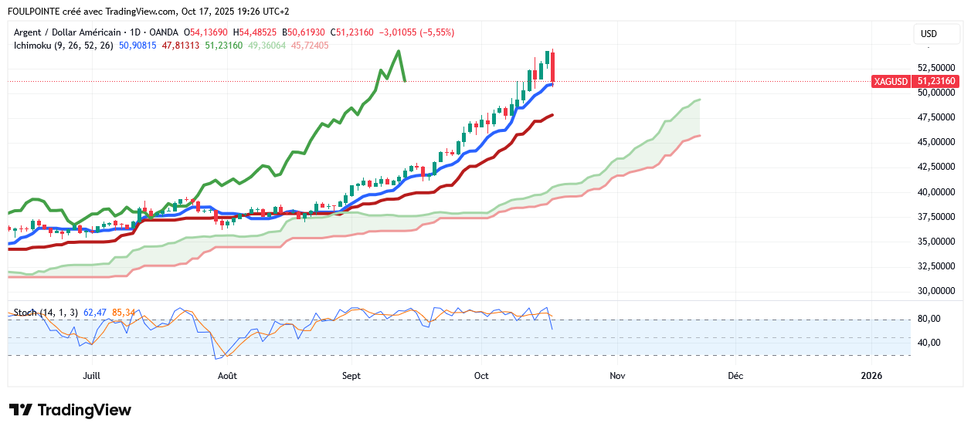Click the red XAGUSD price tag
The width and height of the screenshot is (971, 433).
(915, 81)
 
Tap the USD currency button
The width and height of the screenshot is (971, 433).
(929, 34)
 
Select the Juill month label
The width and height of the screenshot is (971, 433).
(91, 376)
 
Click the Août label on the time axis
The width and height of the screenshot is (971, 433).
(227, 376)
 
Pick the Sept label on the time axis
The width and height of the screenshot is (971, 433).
(351, 376)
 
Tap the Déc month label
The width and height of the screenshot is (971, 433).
(735, 376)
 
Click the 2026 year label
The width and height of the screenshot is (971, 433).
(871, 376)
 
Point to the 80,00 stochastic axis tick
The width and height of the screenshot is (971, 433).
(929, 319)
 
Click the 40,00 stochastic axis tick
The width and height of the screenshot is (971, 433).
(929, 343)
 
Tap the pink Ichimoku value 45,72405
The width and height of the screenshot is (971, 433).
(310, 46)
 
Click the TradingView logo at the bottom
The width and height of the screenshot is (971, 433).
(70, 410)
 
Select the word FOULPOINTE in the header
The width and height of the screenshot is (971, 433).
(32, 12)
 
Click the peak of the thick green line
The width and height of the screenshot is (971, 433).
(399, 52)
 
